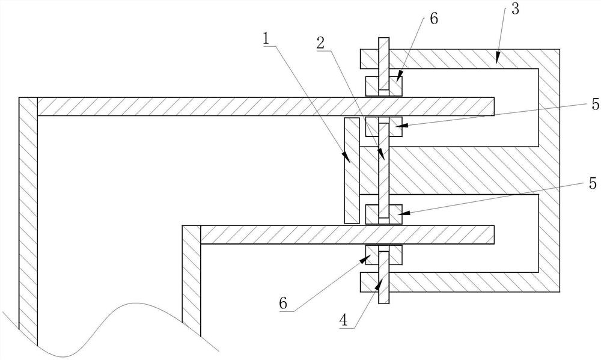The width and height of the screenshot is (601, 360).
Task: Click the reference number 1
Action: point(265,38)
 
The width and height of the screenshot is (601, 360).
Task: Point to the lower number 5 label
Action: point(593,184)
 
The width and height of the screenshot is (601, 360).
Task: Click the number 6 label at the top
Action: point(434,18)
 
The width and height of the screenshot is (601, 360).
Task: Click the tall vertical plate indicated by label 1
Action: point(351,171)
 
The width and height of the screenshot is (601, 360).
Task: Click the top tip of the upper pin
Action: point(383,40)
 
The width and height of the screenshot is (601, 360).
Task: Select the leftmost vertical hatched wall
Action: point(28,216)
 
